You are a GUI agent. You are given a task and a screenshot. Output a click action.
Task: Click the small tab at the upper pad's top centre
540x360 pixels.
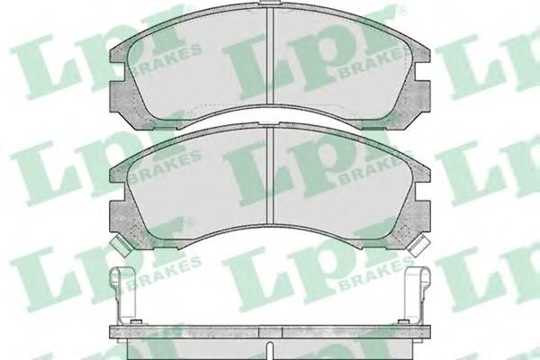tap(270, 2)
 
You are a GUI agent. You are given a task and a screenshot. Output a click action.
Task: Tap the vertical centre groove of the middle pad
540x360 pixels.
tap(270, 175)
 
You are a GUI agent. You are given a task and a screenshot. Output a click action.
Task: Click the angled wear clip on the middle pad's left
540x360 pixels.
tap(121, 245)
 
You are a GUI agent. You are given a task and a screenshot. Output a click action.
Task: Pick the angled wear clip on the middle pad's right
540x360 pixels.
tap(418, 245)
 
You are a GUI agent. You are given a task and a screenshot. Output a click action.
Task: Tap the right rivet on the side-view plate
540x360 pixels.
tap(402, 322)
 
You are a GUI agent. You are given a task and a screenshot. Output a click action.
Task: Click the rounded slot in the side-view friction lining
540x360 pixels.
tap(270, 351)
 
